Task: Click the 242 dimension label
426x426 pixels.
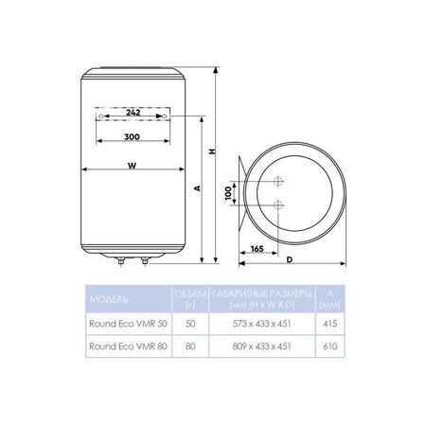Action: click(x=133, y=113)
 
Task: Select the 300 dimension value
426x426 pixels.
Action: click(x=132, y=136)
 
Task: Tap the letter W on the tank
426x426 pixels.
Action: click(x=133, y=166)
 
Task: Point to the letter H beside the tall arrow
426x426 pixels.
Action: click(x=213, y=151)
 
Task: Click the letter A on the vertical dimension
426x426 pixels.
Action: click(x=197, y=188)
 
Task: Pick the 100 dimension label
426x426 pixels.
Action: click(x=228, y=193)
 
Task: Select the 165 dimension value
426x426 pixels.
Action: click(x=257, y=249)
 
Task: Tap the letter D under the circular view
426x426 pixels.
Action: click(x=290, y=259)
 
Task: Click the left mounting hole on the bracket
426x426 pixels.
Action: click(x=100, y=116)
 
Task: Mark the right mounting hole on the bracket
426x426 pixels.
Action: click(x=165, y=116)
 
